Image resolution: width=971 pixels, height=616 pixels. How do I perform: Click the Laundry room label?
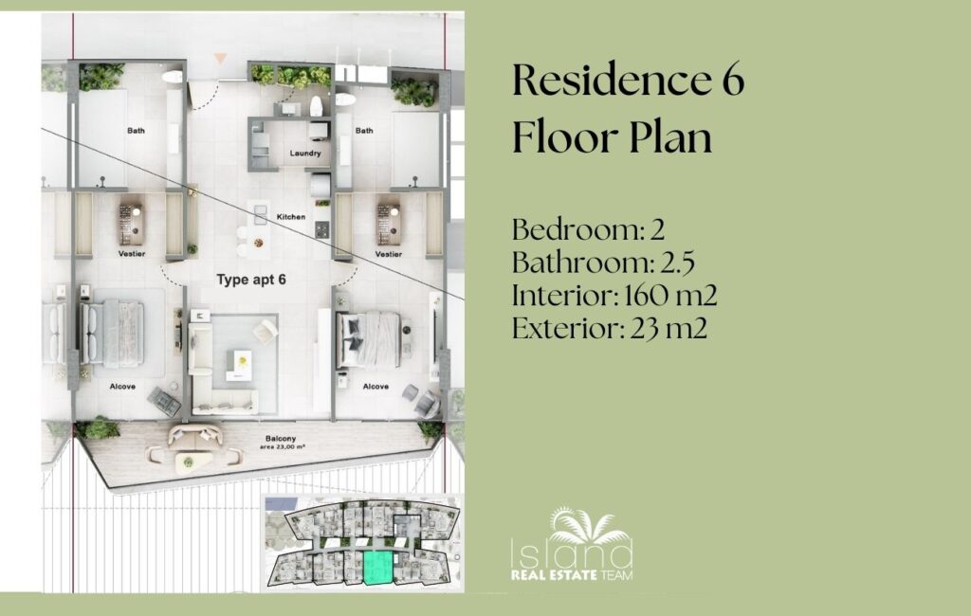click(305, 153)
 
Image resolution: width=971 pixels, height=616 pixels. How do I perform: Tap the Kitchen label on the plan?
click(290, 217)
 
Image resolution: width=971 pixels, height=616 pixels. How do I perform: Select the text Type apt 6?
click(251, 280)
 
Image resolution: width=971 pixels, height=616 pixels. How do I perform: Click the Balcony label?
click(281, 439)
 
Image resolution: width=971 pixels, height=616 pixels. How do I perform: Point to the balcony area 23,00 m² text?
click(282, 446)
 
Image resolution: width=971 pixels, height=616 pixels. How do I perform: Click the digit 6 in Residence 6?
click(733, 81)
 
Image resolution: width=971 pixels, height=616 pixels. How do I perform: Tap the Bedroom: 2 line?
click(588, 229)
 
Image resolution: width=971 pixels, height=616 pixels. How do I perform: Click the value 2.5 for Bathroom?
click(677, 263)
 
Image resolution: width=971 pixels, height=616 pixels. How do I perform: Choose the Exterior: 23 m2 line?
click(610, 328)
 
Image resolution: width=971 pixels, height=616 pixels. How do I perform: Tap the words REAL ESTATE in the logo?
click(554, 576)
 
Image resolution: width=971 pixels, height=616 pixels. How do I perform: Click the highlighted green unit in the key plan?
click(377, 568)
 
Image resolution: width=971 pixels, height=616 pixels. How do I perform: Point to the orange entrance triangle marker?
click(220, 59)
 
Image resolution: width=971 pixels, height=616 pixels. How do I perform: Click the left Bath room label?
click(137, 131)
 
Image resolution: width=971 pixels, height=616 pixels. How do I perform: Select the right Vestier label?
click(388, 254)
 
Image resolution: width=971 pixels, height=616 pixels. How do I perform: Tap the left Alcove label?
click(122, 387)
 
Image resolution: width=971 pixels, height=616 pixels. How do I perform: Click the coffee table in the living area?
click(239, 365)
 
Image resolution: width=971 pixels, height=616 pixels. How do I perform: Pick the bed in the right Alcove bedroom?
click(370, 338)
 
